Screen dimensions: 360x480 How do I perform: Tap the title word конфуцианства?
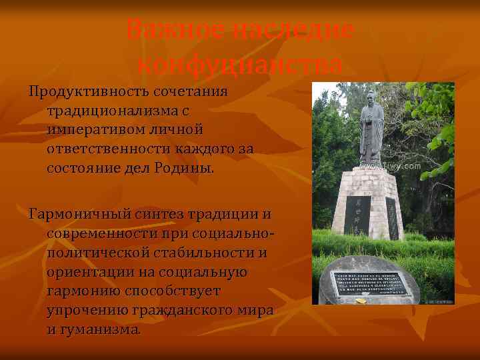pyautogui.click(x=240, y=65)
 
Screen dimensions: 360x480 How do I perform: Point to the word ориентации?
pyautogui.click(x=83, y=272)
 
